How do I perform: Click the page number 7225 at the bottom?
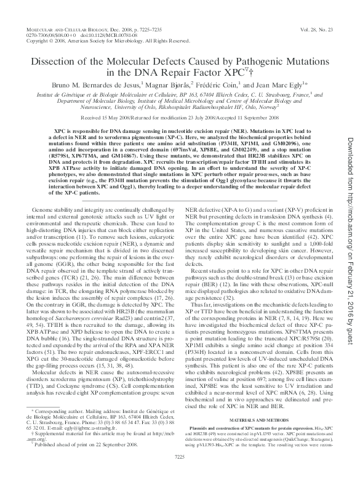click(x=180, y=473)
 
